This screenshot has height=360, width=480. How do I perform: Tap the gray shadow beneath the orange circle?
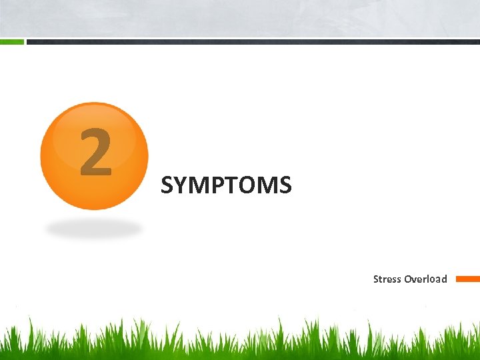(94, 229)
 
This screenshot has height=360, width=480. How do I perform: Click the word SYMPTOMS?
(226, 185)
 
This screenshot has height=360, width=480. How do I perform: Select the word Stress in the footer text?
(387, 279)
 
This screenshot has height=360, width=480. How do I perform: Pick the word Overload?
(425, 279)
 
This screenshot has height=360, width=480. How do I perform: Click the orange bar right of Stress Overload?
(467, 279)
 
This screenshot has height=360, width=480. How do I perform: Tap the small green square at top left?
(11, 41)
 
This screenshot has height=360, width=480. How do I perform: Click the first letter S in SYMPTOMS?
(167, 185)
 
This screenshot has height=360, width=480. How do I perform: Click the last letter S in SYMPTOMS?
(285, 185)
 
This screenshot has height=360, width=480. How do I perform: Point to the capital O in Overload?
(407, 279)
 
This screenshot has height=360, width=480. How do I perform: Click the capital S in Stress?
(376, 279)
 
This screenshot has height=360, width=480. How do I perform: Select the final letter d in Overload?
(444, 279)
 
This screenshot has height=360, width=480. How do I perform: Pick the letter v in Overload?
(413, 279)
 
